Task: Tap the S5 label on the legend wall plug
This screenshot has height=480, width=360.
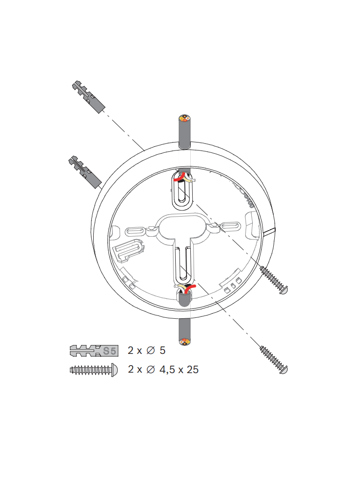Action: (109, 350)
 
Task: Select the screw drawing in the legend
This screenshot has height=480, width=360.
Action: (93, 369)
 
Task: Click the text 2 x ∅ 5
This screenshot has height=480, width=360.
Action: (147, 350)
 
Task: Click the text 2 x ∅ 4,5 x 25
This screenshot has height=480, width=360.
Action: (163, 369)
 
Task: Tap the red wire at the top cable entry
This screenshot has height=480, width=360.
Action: (178, 179)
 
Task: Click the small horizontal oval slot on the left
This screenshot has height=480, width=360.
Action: (135, 231)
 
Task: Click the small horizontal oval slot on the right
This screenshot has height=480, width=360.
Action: (232, 226)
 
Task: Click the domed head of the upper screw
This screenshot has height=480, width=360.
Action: (283, 290)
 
